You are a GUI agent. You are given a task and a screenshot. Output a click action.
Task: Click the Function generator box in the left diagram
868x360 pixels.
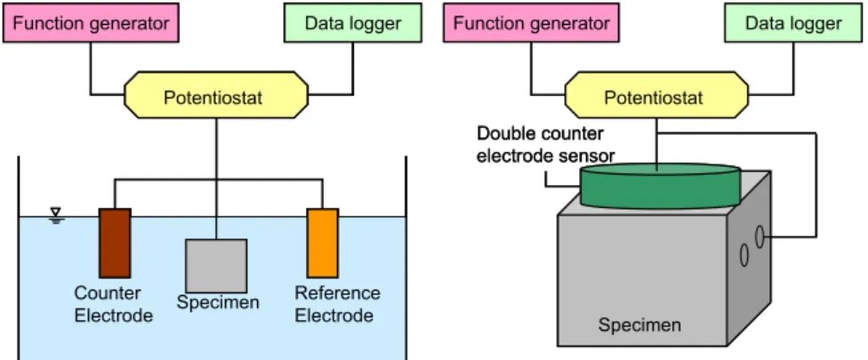click(91, 23)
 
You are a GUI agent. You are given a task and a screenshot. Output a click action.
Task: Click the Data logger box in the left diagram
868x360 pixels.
click(352, 23)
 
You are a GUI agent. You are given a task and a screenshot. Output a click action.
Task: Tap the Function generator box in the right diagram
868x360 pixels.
click(531, 23)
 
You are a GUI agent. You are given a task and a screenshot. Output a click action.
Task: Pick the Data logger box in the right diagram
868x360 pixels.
click(793, 23)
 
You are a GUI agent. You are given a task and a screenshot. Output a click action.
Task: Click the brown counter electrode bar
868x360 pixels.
click(115, 243)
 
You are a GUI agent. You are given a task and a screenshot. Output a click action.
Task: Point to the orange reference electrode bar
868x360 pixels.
click(323, 243)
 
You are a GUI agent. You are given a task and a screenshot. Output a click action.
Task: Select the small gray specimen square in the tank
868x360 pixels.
click(216, 266)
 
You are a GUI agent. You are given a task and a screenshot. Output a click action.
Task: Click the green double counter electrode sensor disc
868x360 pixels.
click(660, 187)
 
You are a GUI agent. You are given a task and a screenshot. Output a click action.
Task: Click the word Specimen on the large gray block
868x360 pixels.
click(639, 324)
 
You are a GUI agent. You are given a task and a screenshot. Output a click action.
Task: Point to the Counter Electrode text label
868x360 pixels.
click(114, 304)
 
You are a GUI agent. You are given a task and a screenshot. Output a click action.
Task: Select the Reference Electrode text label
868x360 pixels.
click(337, 304)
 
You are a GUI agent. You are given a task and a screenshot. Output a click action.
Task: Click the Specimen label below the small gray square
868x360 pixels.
click(218, 302)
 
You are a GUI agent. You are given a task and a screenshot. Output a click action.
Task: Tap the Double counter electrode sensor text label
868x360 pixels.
click(546, 145)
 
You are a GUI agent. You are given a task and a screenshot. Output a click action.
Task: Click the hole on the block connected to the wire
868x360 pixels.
click(760, 236)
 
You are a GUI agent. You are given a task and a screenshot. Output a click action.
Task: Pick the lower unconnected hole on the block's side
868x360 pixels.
click(744, 255)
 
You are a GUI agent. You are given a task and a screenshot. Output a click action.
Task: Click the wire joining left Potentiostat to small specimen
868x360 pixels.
click(216, 179)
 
